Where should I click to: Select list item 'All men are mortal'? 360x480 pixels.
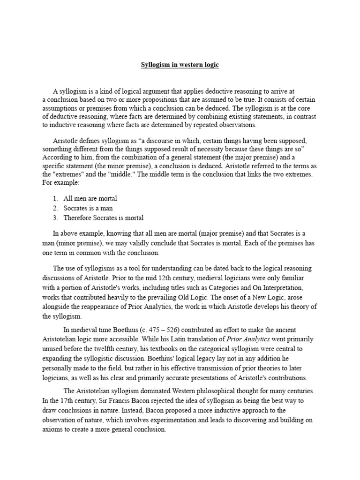(90, 199)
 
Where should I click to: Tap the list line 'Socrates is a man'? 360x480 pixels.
(88, 208)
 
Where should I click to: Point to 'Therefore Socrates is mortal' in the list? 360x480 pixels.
(103, 218)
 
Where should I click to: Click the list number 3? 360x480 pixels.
(55, 218)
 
